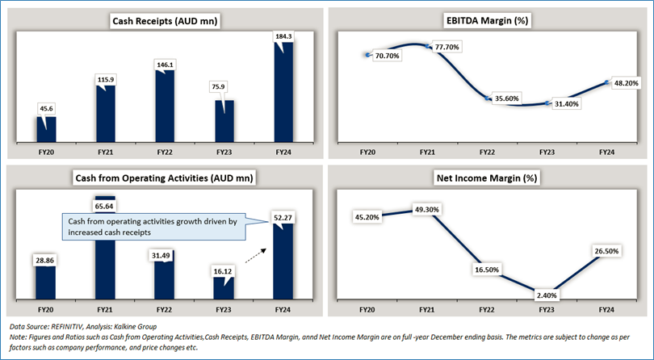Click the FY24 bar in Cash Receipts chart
[283, 93]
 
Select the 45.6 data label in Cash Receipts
[45, 107]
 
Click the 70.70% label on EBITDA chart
[391, 55]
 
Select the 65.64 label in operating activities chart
[105, 205]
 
